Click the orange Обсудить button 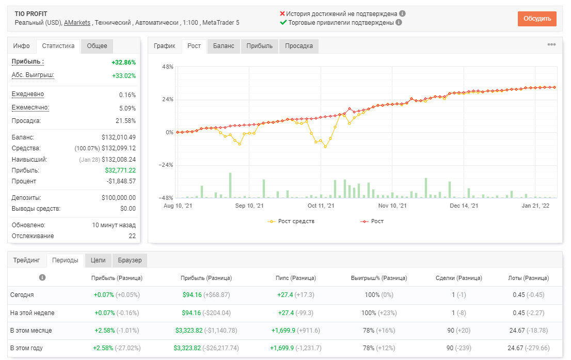(537, 19)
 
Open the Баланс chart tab (224, 46)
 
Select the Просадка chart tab (298, 46)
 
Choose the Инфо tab (22, 46)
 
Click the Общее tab (97, 46)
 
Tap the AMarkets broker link (77, 23)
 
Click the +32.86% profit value (124, 62)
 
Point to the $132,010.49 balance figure (119, 137)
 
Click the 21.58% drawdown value (125, 121)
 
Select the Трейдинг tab (26, 260)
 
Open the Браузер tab (130, 260)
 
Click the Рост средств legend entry (291, 221)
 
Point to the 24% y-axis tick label (168, 100)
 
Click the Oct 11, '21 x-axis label (321, 206)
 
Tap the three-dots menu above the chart (551, 44)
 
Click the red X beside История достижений (282, 13)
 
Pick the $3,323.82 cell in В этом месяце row (189, 331)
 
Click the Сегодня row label (22, 295)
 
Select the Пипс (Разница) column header (296, 278)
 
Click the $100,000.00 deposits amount (119, 197)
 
